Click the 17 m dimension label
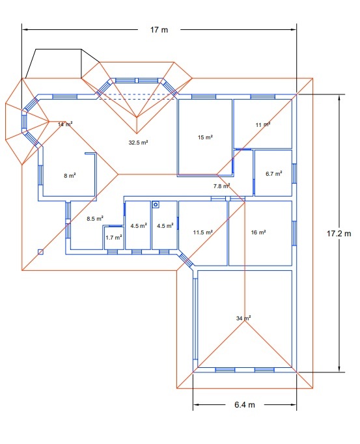(x=159, y=30)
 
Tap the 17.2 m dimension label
(x=339, y=234)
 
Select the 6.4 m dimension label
(x=245, y=405)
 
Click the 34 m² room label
(x=243, y=318)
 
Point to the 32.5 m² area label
(x=138, y=143)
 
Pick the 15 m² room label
(x=205, y=137)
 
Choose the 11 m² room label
(x=263, y=124)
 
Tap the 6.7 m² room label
(x=273, y=174)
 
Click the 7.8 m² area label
(x=221, y=186)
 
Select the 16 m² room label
(x=258, y=232)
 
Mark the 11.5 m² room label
(x=203, y=232)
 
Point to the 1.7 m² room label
(x=114, y=238)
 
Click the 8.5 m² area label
(x=95, y=219)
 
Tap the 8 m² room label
(x=70, y=176)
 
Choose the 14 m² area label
(x=65, y=124)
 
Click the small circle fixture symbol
(x=156, y=204)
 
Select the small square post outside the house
(x=40, y=252)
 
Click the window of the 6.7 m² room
(x=294, y=173)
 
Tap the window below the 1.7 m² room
(x=113, y=252)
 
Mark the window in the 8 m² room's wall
(x=40, y=175)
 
